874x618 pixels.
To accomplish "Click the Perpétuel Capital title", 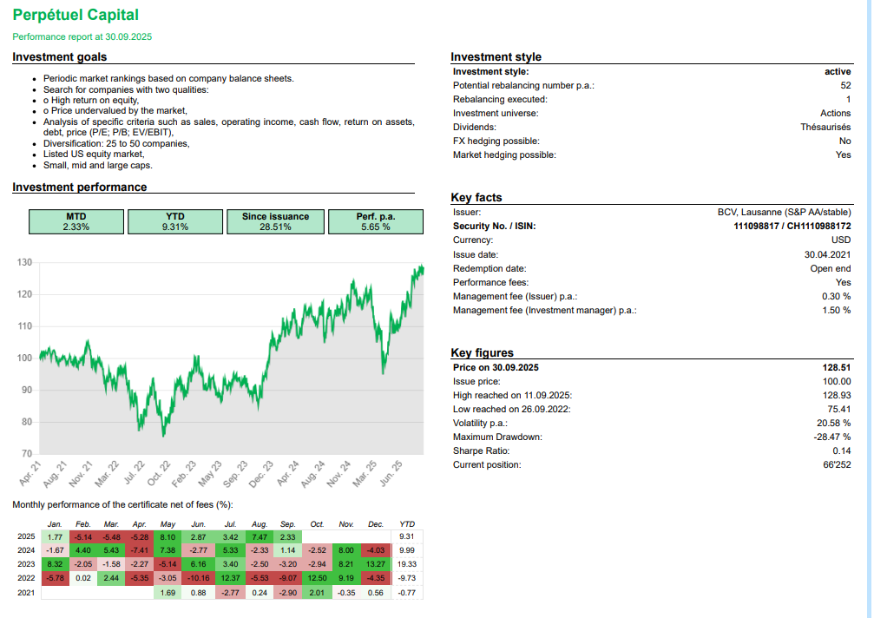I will pos(76,15).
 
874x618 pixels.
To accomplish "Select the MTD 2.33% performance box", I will pos(76,221).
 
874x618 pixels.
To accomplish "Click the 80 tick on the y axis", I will pos(26,422).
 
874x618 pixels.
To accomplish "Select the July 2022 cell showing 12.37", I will pos(230,576).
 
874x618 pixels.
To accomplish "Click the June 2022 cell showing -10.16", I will pos(198,576).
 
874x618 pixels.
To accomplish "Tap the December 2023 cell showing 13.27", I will pos(376,563).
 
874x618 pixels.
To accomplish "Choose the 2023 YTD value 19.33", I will pos(406,563).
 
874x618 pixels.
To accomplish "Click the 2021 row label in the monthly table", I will pos(26,592).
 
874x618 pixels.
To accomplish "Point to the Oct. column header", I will pos(317,524).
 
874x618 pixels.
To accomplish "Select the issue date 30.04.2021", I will pos(827,254).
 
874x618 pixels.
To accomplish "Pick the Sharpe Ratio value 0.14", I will pos(841,450).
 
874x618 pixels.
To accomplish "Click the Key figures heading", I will pos(482,352).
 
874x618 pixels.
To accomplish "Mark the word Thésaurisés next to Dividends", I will pos(825,127).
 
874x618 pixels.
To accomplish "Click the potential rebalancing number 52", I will pos(845,85).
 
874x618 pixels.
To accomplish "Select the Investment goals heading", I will pos(60,57).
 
